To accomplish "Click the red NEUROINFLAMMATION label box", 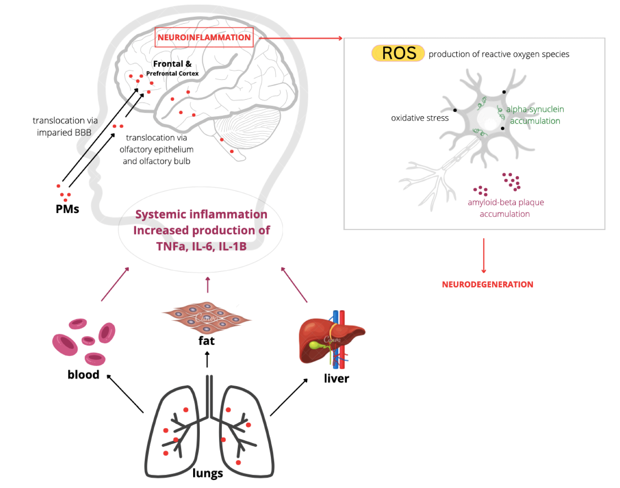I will (204, 37).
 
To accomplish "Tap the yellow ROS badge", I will (398, 53).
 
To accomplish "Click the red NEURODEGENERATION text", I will (487, 284).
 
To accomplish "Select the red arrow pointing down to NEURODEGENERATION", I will (484, 255).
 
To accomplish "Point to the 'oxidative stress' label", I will (419, 118).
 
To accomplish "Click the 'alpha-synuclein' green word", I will (535, 109).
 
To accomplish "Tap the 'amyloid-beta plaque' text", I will (506, 202).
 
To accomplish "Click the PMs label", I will (67, 209).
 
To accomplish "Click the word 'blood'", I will (83, 375).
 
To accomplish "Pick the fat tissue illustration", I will (206, 317).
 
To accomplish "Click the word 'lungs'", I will (207, 473).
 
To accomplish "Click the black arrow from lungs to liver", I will (289, 397).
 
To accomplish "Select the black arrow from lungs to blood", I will (125, 394).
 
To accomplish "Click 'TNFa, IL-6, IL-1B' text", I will (201, 246).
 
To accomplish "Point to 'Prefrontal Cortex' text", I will (172, 73).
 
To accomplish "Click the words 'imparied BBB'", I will (64, 133).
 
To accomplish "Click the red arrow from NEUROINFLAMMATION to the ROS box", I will (300, 38).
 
